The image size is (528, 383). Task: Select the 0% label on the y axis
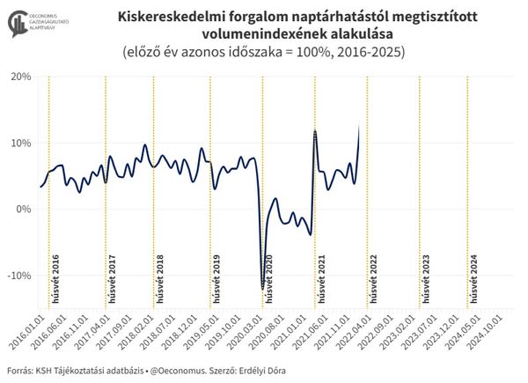[24, 210]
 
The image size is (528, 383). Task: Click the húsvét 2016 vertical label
[55, 278]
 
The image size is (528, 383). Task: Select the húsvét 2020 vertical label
[269, 278]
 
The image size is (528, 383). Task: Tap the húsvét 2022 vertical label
[374, 278]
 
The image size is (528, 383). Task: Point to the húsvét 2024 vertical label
[473, 278]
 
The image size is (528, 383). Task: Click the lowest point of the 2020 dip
[261, 288]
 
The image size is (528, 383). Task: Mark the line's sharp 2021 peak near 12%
[314, 131]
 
